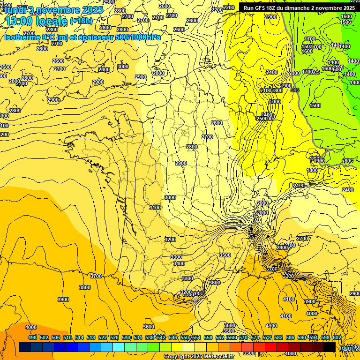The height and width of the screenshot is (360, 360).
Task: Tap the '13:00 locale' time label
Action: click(x=36, y=21)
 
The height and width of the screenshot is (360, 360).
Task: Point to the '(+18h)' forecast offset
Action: click(x=81, y=21)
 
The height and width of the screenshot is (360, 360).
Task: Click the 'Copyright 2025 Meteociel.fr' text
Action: click(x=199, y=356)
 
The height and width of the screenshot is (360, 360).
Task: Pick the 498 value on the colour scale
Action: click(x=32, y=337)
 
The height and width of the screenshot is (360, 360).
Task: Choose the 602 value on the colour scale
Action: click(x=337, y=337)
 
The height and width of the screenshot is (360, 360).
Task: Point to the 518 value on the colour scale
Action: click(x=91, y=337)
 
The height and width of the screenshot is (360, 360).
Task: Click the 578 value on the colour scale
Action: click(x=267, y=337)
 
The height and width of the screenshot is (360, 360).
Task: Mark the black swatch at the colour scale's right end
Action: click(x=330, y=347)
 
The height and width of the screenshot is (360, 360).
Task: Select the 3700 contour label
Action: click(x=96, y=276)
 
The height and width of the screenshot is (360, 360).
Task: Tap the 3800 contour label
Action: click(x=85, y=287)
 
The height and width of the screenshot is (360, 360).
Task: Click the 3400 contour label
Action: click(x=179, y=264)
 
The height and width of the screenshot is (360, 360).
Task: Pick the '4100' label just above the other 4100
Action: click(x=289, y=299)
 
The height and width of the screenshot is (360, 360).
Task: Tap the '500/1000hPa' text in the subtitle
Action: click(x=139, y=37)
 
